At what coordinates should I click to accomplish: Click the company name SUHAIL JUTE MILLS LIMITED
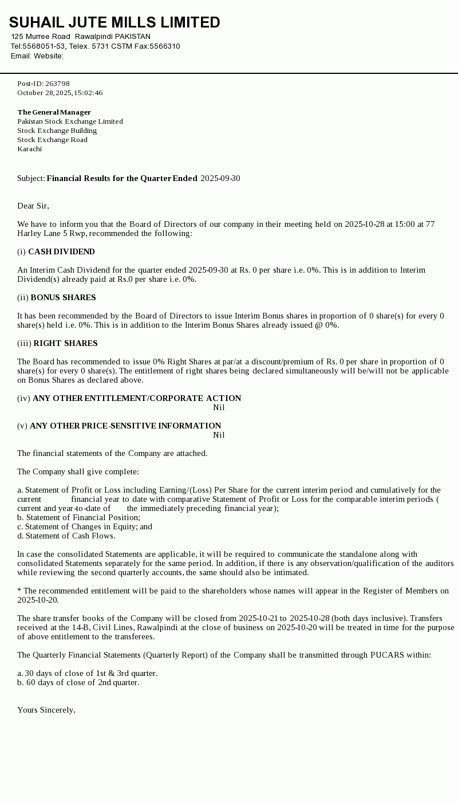[x=114, y=22]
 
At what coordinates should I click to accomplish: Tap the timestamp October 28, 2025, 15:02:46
[x=60, y=93]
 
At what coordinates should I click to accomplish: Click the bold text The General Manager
[x=54, y=112]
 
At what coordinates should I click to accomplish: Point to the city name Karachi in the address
[x=29, y=149]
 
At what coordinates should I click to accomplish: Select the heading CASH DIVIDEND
[x=61, y=251]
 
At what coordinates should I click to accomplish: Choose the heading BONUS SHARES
[x=63, y=297]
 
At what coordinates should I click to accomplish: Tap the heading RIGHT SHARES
[x=65, y=343]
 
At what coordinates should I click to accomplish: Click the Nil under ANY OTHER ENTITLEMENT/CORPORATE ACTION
[x=219, y=407]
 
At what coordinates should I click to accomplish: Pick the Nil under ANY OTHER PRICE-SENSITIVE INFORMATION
[x=219, y=435]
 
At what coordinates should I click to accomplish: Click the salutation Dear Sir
[x=33, y=206]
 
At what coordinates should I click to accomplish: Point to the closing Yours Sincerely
[x=46, y=710]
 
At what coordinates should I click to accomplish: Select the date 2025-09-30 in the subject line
[x=220, y=178]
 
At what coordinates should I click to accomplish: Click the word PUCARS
[x=387, y=655]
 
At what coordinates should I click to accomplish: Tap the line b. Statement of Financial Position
[x=78, y=517]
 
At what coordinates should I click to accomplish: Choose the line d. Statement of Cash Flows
[x=66, y=536]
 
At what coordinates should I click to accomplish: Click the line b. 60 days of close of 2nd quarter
[x=78, y=682]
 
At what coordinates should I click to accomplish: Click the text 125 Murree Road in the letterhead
[x=41, y=37]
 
